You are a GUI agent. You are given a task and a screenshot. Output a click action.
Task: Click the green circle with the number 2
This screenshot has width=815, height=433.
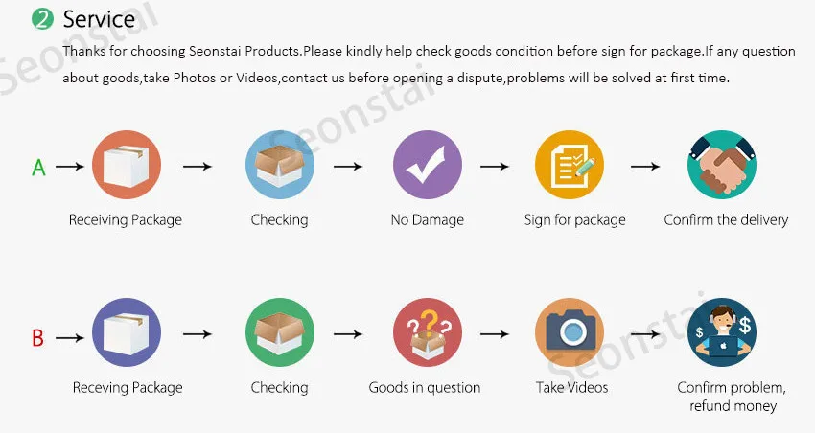point(43,19)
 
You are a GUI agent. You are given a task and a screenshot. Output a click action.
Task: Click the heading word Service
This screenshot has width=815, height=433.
point(99,19)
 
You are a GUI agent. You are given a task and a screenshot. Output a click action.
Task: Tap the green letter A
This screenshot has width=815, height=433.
point(38,168)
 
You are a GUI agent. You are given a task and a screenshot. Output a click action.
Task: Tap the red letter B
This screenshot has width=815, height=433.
point(37,337)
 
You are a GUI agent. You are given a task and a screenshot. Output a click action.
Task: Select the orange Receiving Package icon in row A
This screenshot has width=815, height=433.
point(126,166)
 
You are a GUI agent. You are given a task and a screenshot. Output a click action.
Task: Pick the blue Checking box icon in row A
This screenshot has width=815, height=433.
point(280,166)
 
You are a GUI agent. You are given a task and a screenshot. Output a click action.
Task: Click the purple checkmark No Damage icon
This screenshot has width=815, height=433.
point(427,166)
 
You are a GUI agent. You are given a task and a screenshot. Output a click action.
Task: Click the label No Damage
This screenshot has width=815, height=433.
point(427,220)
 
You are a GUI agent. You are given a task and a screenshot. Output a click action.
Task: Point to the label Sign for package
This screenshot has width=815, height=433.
point(574,220)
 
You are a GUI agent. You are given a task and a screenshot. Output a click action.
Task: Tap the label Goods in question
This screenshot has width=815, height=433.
point(425,388)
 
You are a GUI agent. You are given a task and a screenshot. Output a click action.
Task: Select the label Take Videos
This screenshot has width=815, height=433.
point(571,388)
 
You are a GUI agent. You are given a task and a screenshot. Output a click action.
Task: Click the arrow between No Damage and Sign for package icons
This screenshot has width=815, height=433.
point(494,167)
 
